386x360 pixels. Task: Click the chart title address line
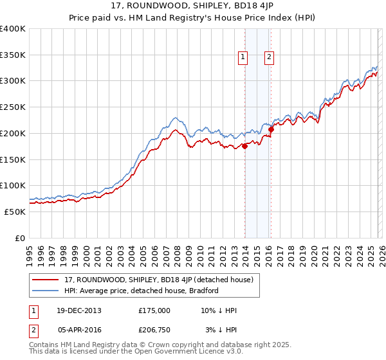coord(192,7)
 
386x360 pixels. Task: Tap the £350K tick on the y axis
coord(13,55)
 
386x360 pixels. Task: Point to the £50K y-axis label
coord(15,212)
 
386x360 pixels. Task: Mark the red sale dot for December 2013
coord(245,147)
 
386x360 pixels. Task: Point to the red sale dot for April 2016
coord(271,130)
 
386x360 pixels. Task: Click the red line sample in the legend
coord(46,280)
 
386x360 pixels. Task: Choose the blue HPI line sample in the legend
coord(46,291)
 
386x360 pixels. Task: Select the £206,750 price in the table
coord(154,330)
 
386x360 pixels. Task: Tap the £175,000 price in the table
coord(154,310)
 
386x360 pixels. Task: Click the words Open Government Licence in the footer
coord(186,352)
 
